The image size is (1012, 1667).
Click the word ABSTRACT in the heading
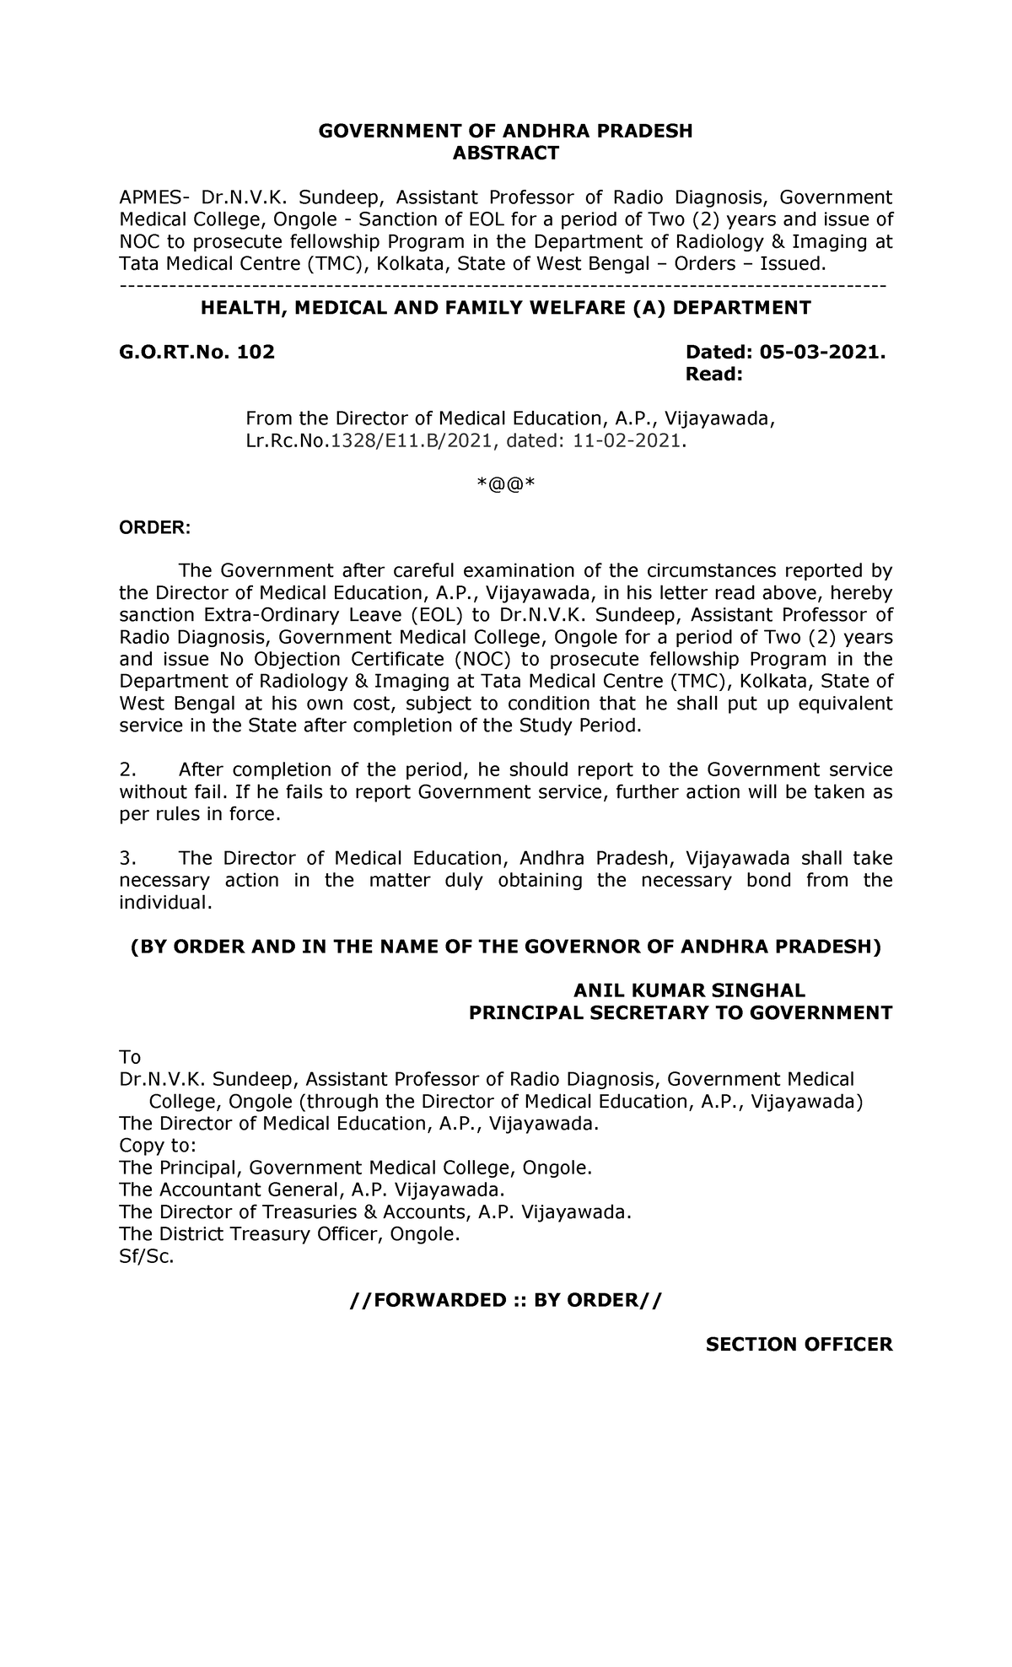tap(505, 153)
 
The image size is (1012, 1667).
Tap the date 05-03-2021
tap(819, 352)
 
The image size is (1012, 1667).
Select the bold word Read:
tap(714, 375)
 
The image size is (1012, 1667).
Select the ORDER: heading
tap(155, 528)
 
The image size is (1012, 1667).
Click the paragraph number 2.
tap(127, 769)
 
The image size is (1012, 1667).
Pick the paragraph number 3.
tap(127, 858)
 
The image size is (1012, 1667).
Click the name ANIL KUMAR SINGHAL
tap(689, 990)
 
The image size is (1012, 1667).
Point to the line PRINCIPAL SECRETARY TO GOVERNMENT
tap(680, 1012)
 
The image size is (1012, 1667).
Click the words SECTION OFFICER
tap(799, 1345)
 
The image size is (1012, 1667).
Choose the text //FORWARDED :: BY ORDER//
tap(506, 1300)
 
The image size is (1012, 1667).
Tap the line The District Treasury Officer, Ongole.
tap(290, 1234)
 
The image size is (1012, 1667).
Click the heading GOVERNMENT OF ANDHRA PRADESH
tap(505, 131)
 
